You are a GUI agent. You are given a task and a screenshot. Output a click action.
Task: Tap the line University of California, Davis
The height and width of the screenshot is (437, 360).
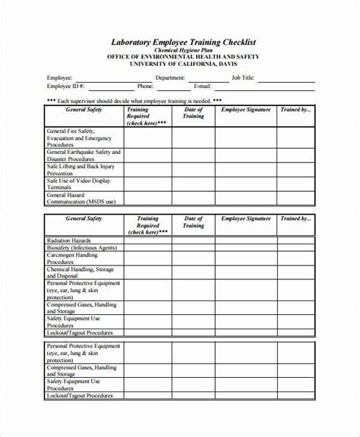tap(179, 72)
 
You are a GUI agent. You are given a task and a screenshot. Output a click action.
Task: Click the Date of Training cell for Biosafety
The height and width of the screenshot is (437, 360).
tap(194, 247)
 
